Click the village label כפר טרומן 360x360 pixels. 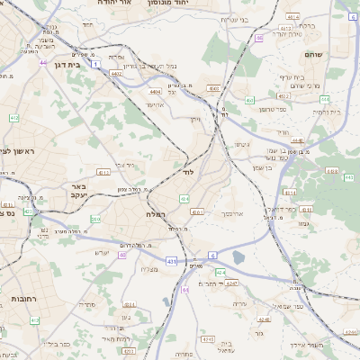[273, 109]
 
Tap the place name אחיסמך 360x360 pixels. [231, 214]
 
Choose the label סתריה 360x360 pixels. [87, 304]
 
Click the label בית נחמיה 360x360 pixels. [327, 112]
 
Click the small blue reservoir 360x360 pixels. [238, 258]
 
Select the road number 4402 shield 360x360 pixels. [117, 73]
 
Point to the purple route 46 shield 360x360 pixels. [259, 38]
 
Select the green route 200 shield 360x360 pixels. [95, 219]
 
